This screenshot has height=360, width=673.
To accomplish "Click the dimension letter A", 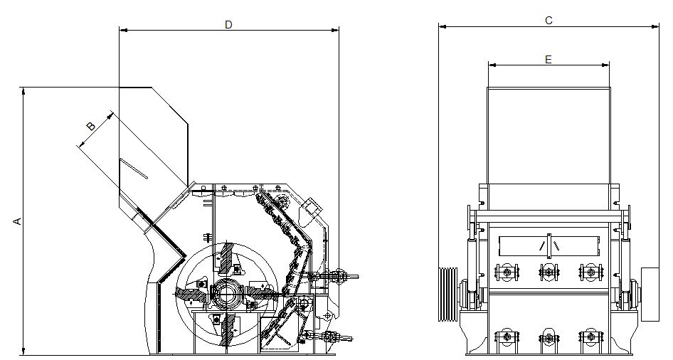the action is click(17, 221).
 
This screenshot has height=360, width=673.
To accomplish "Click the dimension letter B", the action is click(91, 126).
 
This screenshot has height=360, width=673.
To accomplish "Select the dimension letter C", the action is click(549, 20).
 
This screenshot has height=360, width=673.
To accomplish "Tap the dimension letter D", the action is click(228, 25).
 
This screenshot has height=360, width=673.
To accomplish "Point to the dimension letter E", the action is click(548, 60).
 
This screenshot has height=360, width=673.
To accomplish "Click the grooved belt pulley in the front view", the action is click(447, 294).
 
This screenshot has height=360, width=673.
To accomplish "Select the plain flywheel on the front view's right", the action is click(650, 295).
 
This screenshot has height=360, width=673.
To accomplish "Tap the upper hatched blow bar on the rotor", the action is click(227, 258).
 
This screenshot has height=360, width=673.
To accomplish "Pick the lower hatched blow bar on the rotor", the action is click(227, 329).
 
